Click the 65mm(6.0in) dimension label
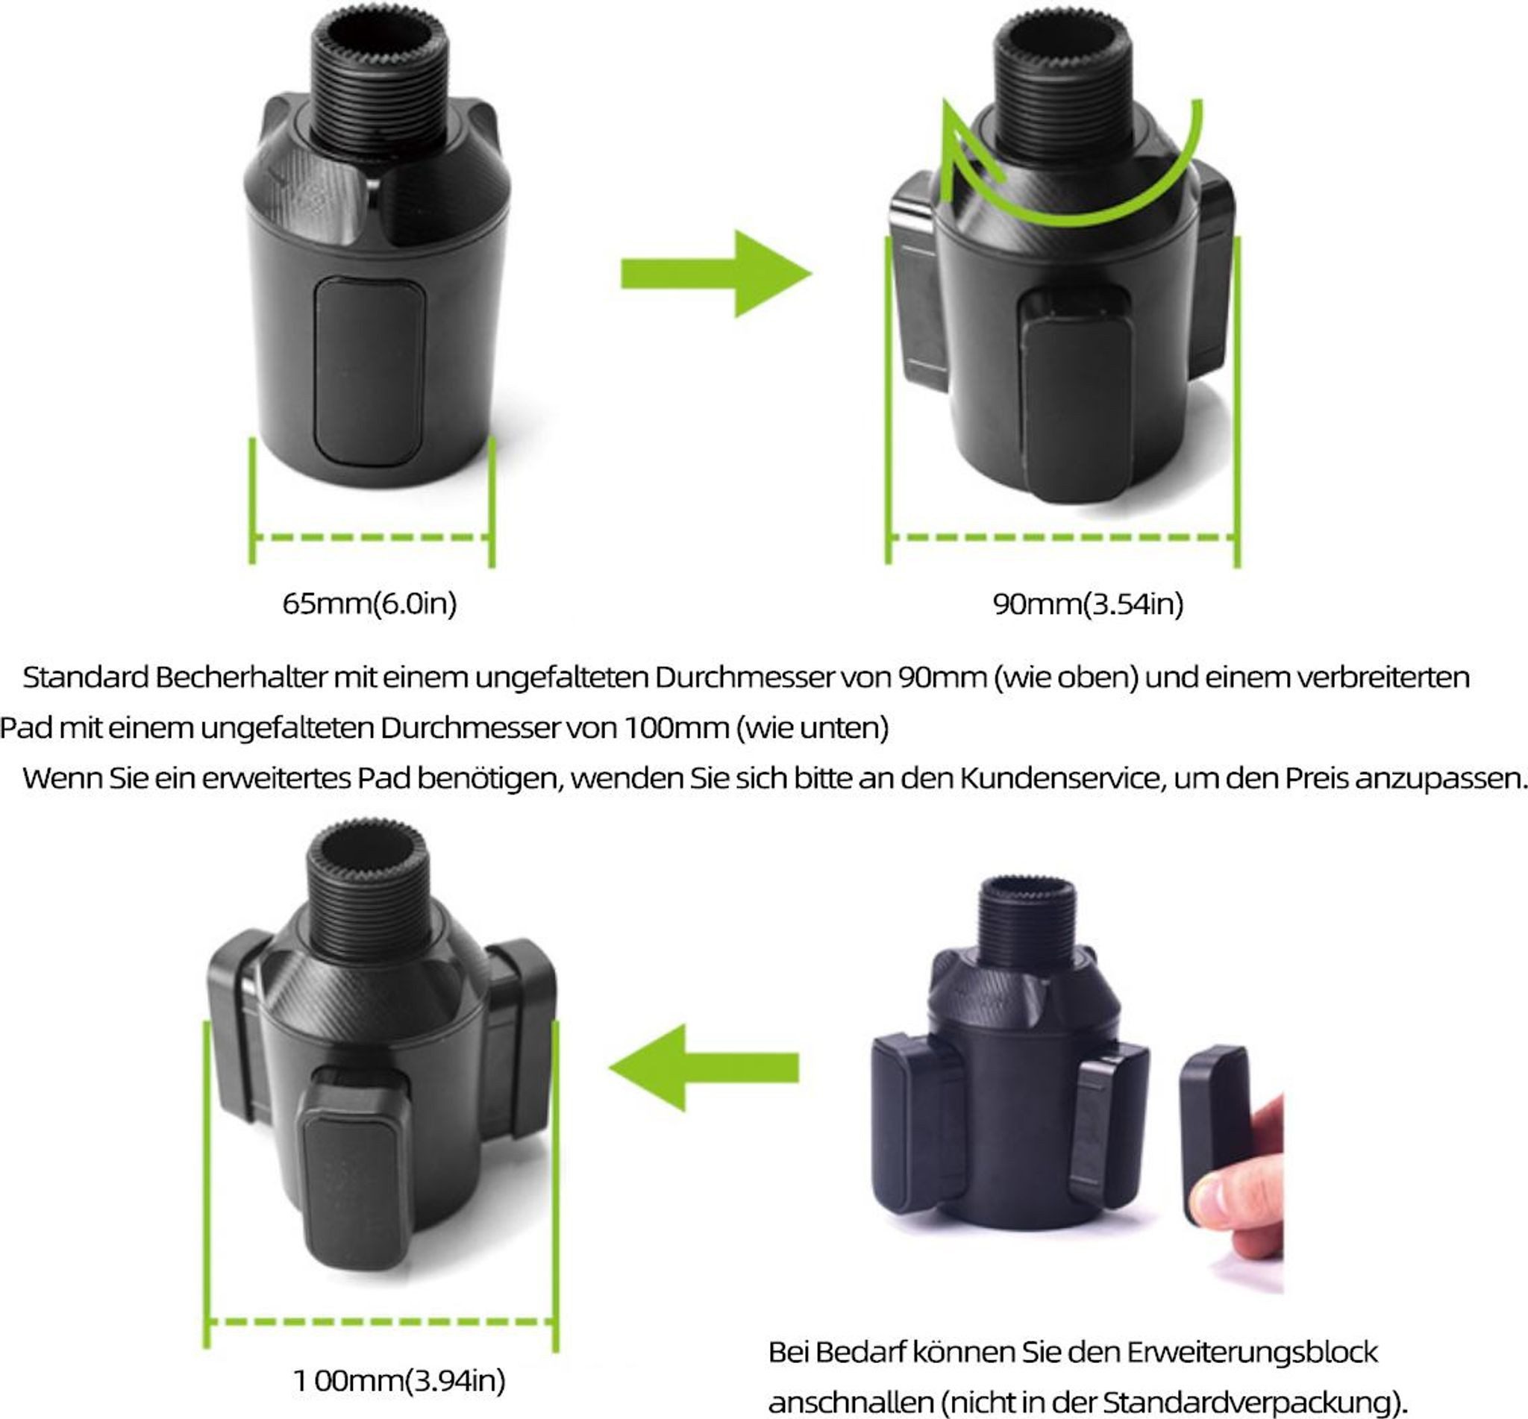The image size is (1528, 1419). point(369,604)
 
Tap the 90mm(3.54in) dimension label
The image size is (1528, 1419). point(1088,604)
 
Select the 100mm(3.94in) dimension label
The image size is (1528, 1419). point(399,1380)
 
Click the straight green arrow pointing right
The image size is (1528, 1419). point(716,273)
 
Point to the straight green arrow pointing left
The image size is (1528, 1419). point(704,1068)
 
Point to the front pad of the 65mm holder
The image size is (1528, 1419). point(369,372)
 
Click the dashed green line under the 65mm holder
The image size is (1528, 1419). point(372,537)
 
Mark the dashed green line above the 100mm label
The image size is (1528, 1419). point(381,1322)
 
